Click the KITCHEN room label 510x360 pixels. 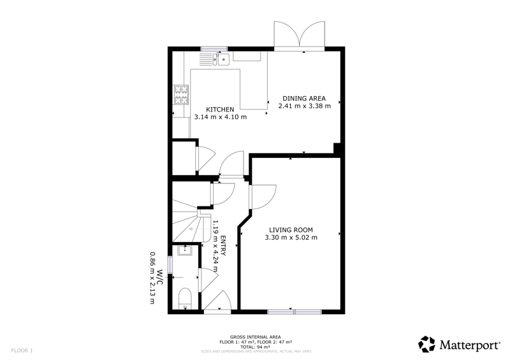pyautogui.click(x=220, y=109)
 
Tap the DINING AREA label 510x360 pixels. pyautogui.click(x=304, y=98)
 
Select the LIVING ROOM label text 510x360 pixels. pyautogui.click(x=291, y=230)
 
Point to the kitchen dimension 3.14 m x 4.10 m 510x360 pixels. pyautogui.click(x=220, y=117)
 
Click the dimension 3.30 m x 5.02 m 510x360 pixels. pyautogui.click(x=291, y=238)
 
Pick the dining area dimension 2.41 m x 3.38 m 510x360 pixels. pyautogui.click(x=305, y=106)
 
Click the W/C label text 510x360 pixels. pyautogui.click(x=159, y=277)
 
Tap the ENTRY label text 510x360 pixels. pyautogui.click(x=223, y=246)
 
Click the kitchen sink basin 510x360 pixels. pyautogui.click(x=224, y=59)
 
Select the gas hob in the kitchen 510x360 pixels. pyautogui.click(x=181, y=95)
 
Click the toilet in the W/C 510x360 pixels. pyautogui.click(x=186, y=299)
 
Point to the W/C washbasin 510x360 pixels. pyautogui.click(x=185, y=250)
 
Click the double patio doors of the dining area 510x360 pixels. pyautogui.click(x=300, y=34)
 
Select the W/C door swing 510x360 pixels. pyautogui.click(x=208, y=280)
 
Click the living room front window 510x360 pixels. pyautogui.click(x=295, y=312)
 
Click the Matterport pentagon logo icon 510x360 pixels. pyautogui.click(x=426, y=344)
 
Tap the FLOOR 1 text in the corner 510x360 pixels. pyautogui.click(x=22, y=350)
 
